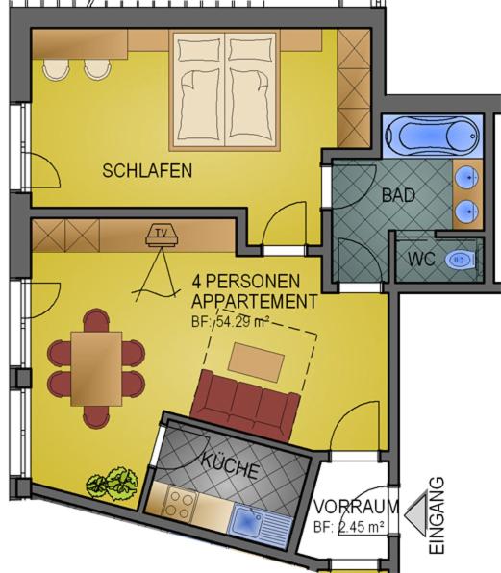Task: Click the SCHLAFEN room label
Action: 147,171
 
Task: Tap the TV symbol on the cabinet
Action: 162,237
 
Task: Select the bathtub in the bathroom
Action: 432,136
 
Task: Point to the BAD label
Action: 398,195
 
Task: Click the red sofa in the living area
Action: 245,406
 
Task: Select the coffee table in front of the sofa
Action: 256,362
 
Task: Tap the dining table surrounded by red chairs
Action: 96,369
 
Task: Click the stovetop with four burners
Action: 180,502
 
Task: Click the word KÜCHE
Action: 230,465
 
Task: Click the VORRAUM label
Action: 357,507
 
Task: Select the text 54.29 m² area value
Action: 243,322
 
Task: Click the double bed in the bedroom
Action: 225,90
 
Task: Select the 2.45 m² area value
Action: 361,527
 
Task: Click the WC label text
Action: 421,260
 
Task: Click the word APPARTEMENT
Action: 254,302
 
